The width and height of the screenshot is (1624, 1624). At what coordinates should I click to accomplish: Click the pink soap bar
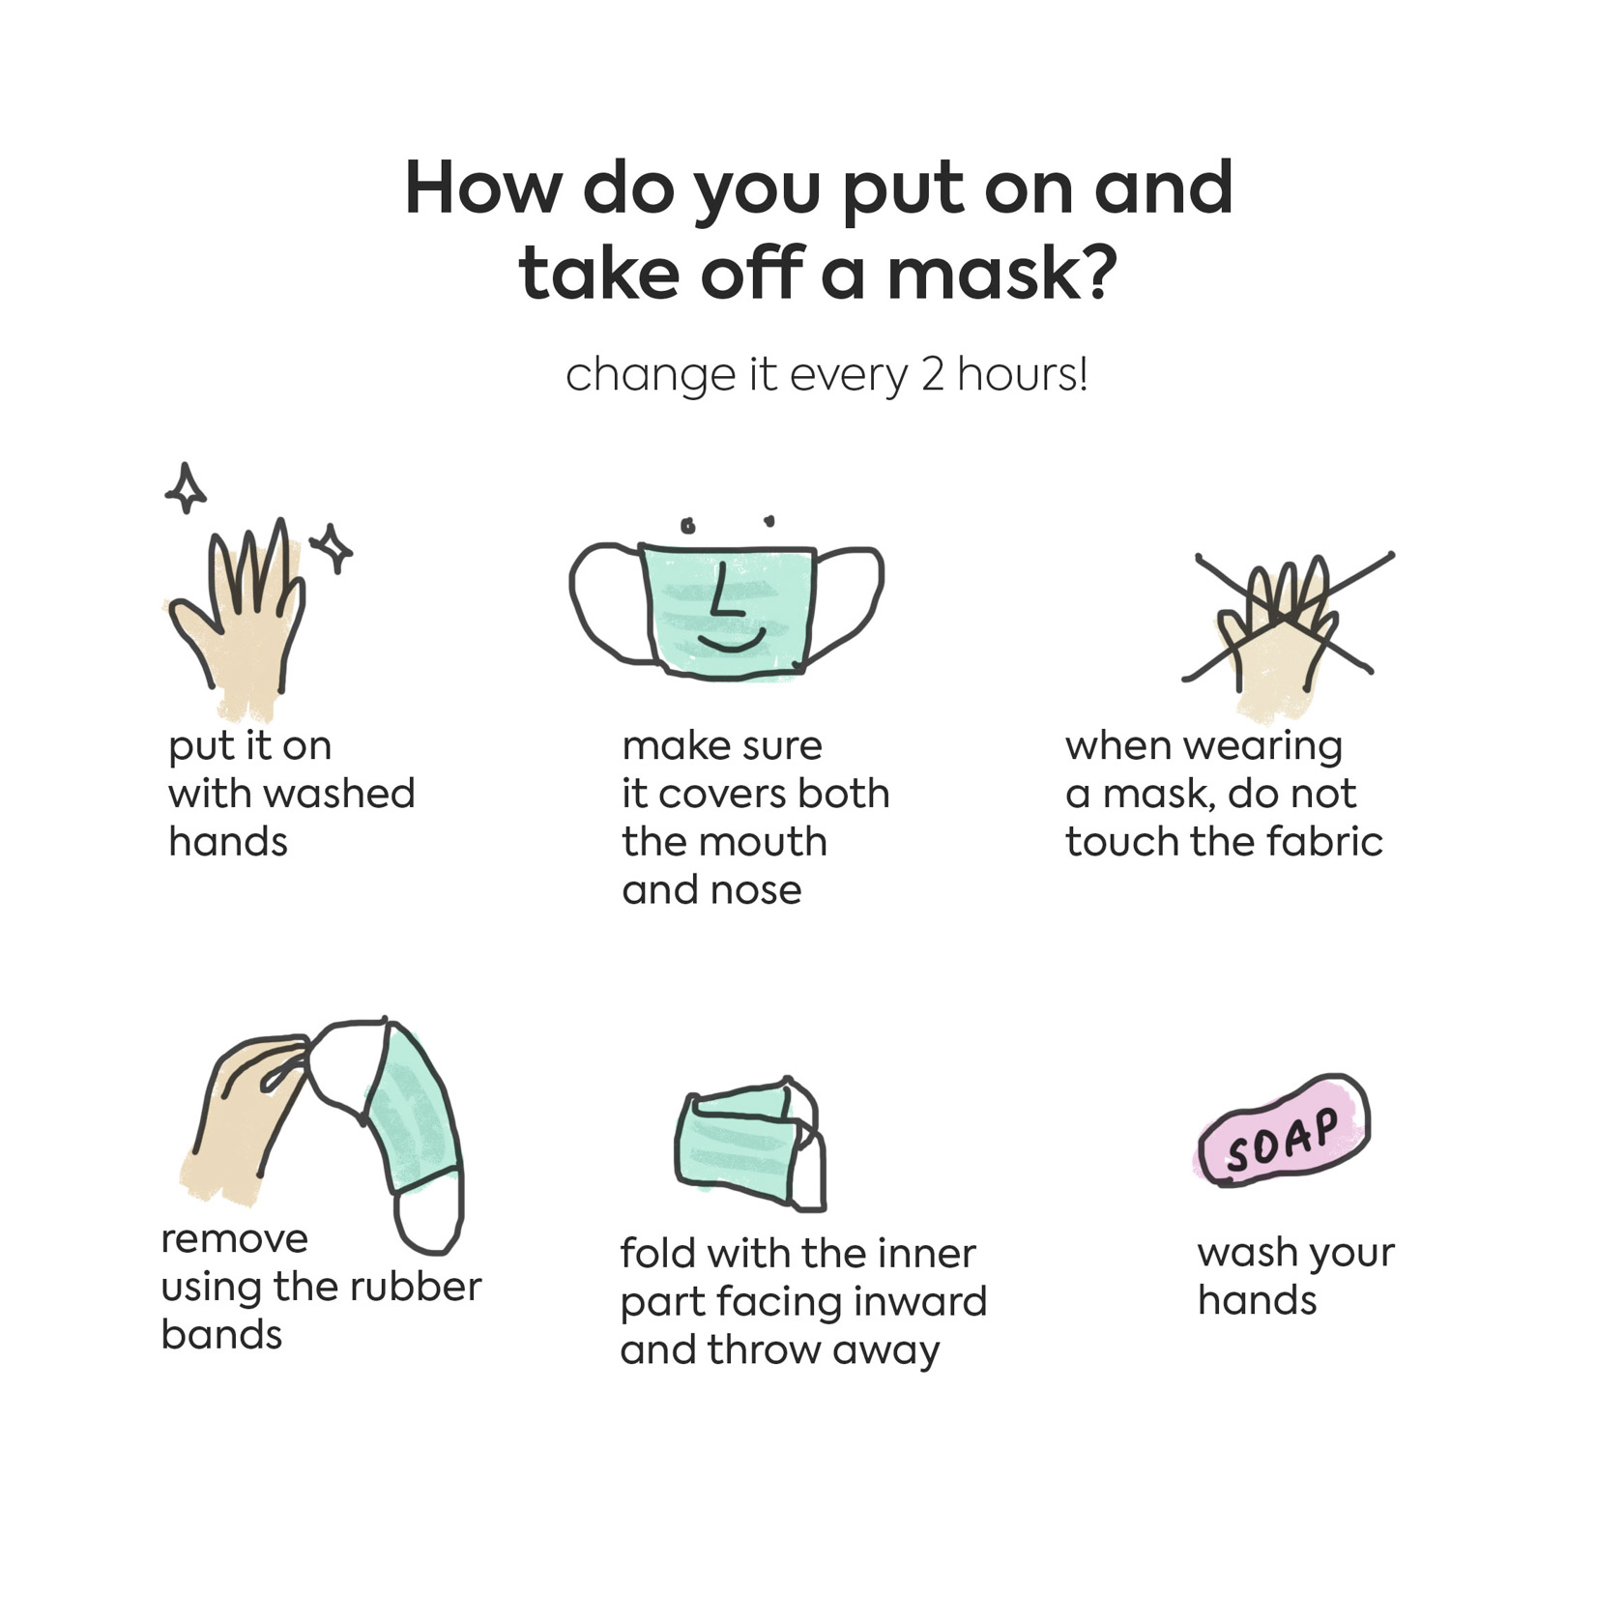pyautogui.click(x=1284, y=1131)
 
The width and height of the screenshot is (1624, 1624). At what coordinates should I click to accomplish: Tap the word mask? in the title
pyautogui.click(x=1001, y=274)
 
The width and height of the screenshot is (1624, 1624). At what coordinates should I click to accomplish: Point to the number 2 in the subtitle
pyautogui.click(x=932, y=375)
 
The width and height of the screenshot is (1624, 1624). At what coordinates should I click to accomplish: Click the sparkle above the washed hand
pyautogui.click(x=185, y=488)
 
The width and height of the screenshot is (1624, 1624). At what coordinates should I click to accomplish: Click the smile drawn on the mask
pyautogui.click(x=732, y=641)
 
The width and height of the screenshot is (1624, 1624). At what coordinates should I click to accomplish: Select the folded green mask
pyautogui.click(x=750, y=1143)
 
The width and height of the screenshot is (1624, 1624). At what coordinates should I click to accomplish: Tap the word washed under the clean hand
pyautogui.click(x=340, y=794)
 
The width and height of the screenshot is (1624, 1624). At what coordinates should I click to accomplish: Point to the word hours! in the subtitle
pyautogui.click(x=1023, y=375)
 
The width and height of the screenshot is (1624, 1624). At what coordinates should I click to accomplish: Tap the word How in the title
pyautogui.click(x=482, y=188)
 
